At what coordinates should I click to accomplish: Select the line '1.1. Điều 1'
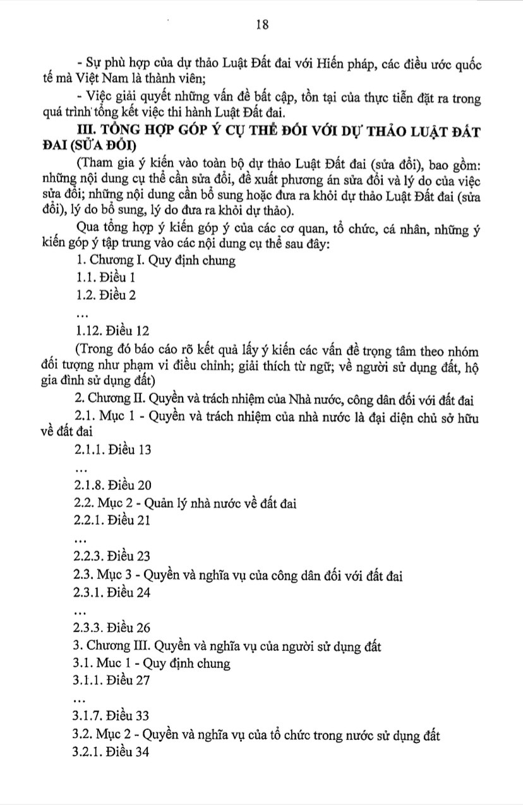pyautogui.click(x=105, y=277)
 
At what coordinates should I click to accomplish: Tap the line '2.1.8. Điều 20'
pyautogui.click(x=113, y=486)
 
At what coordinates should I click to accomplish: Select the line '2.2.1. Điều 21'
pyautogui.click(x=112, y=521)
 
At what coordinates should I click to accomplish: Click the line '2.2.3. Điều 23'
pyautogui.click(x=113, y=556)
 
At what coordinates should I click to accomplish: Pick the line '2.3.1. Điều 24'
pyautogui.click(x=113, y=593)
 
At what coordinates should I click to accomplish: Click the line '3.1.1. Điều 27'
pyautogui.click(x=112, y=681)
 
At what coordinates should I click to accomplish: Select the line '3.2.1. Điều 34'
pyautogui.click(x=112, y=753)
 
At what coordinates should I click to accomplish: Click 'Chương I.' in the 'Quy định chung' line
pyautogui.click(x=108, y=259)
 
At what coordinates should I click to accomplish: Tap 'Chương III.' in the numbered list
pyautogui.click(x=111, y=646)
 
